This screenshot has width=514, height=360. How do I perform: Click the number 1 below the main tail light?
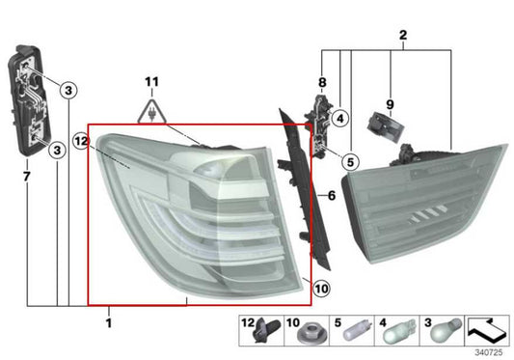pyautogui.click(x=108, y=321)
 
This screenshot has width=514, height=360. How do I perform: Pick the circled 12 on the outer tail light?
pyautogui.click(x=81, y=141)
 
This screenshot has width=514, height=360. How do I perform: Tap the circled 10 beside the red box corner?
pyautogui.click(x=321, y=288)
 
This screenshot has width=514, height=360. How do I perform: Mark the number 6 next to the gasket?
pyautogui.click(x=331, y=196)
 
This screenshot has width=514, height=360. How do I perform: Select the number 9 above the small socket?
pyautogui.click(x=390, y=103)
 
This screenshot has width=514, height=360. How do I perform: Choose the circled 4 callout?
pyautogui.click(x=339, y=118)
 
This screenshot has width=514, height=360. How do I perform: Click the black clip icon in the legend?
pyautogui.click(x=259, y=334)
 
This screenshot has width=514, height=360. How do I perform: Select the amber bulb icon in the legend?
pyautogui.click(x=444, y=334)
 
